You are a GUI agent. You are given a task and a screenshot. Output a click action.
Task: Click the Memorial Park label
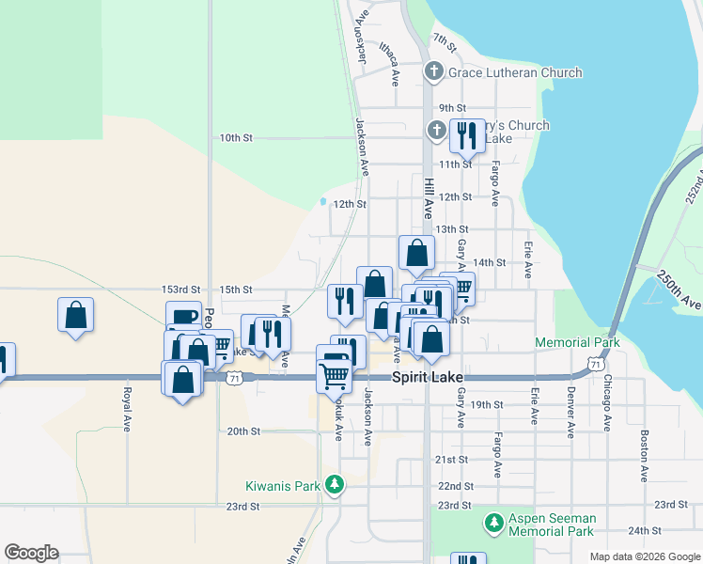577,343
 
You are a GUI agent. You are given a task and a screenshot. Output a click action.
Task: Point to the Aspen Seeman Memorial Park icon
492,523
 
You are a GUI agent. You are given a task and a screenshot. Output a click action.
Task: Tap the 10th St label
236,137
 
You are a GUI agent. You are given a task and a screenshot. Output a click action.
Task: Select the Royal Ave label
126,403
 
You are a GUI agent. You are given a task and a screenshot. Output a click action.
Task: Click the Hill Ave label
428,199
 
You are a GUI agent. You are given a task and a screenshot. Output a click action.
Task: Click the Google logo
31,553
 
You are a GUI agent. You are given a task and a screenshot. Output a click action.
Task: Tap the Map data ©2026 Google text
645,556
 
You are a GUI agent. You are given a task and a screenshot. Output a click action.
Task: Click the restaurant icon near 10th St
466,136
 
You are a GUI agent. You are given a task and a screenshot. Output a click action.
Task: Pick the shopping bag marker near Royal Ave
76,315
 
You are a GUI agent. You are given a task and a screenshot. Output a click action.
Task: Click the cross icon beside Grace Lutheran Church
434,71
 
